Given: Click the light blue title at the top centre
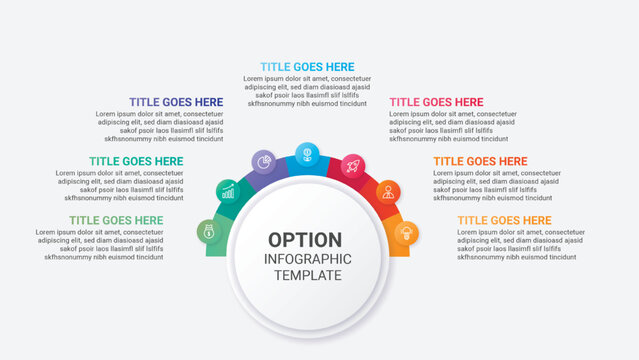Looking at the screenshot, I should coord(307,66).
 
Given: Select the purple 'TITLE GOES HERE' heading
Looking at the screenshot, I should coord(176,102).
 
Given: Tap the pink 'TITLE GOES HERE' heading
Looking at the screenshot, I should coord(436,102).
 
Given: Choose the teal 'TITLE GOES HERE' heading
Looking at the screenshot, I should coord(136,161).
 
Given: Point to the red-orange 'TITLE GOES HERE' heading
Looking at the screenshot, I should coord(480,161).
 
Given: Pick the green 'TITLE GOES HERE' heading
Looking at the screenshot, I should coord(116,220).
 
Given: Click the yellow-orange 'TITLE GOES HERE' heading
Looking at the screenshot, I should coord(504,220).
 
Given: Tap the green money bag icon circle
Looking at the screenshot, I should coord(209,232).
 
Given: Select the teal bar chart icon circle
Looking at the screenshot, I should coord(229,190).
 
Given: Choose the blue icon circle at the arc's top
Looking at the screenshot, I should coord(307,153).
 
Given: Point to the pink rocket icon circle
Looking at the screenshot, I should coord(352,165).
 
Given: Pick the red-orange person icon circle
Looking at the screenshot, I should coord(387,191).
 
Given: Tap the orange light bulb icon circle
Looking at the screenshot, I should coord(406,233).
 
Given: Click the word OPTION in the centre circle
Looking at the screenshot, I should coord(305,240).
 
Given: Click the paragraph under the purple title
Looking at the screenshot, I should coord(160,127).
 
